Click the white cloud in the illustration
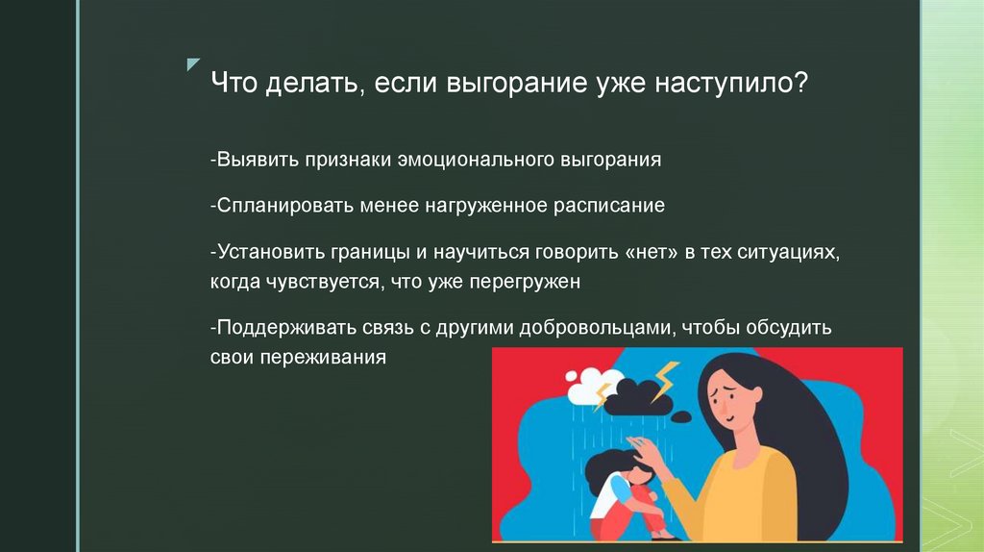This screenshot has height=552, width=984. click(583, 389)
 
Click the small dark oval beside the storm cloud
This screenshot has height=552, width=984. click(680, 416)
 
